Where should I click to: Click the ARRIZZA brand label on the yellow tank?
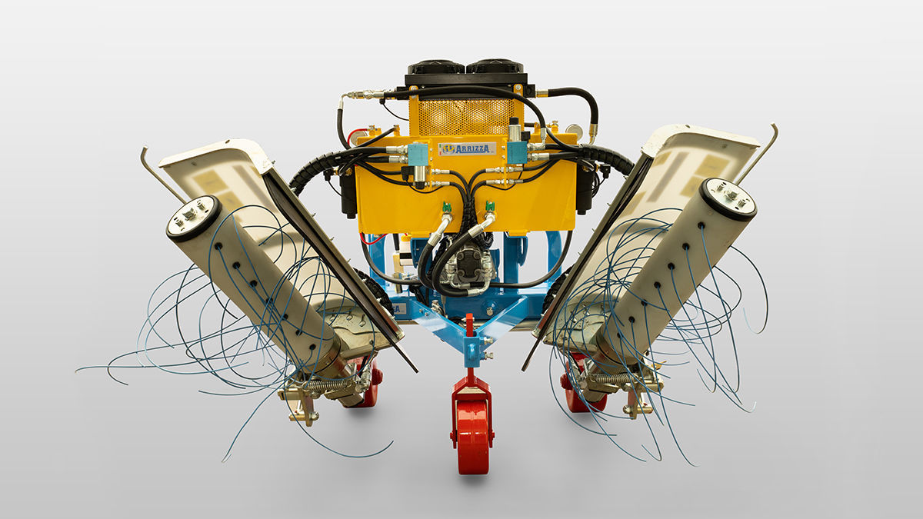coord(467,148)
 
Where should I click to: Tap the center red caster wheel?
coord(472,437)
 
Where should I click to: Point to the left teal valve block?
coord(418,153)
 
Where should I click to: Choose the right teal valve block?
coord(517,152)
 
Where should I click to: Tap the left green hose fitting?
coord(446,209)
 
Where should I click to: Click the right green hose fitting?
coord(490,208)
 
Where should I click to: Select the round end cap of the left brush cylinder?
coord(194,218)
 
